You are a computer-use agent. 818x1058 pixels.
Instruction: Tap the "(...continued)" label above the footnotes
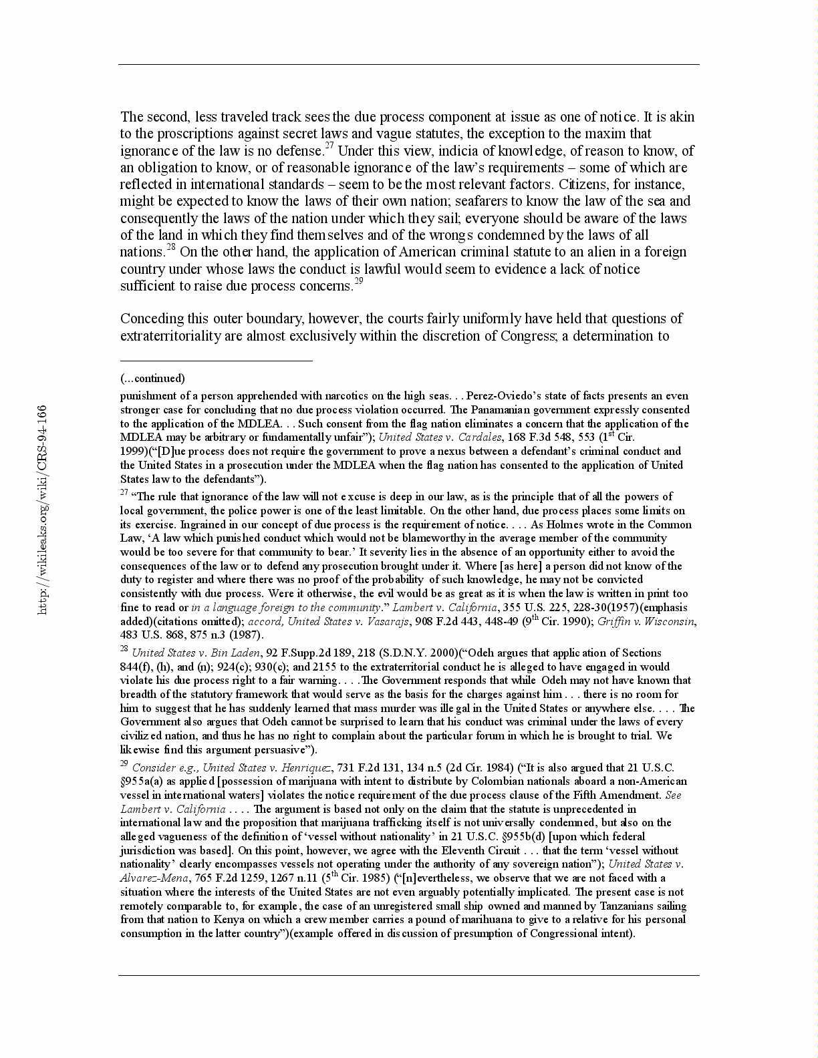[152, 378]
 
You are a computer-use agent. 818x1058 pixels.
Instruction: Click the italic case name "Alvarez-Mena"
[154, 878]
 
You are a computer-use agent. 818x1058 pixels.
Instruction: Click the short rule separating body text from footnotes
[216, 361]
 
